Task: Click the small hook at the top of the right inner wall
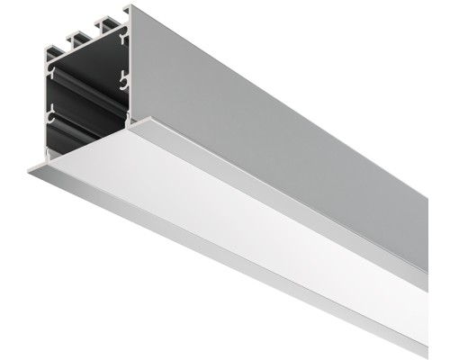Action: point(122,36)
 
